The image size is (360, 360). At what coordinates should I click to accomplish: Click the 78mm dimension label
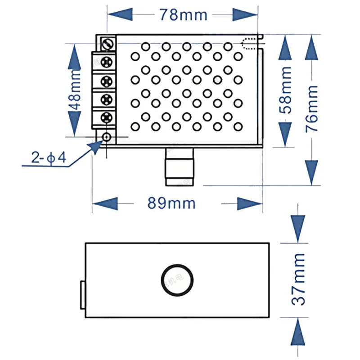[183, 15]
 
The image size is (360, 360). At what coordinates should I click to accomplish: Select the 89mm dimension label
[172, 203]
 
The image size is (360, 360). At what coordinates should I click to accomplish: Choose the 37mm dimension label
[298, 279]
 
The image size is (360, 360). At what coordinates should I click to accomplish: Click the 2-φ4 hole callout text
[49, 158]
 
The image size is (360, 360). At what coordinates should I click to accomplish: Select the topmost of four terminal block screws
[107, 61]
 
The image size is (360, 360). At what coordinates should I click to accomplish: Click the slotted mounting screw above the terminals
[108, 44]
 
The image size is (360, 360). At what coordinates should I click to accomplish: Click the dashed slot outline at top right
[250, 43]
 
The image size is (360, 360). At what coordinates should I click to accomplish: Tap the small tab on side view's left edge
[83, 295]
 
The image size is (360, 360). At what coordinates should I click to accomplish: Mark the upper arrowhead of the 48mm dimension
[76, 58]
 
